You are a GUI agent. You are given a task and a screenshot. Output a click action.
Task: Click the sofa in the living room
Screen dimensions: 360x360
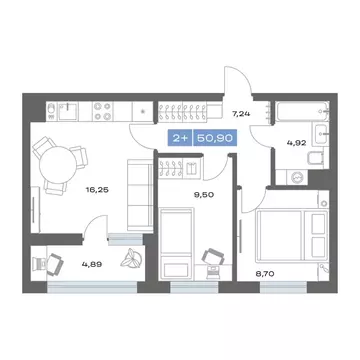click(x=146, y=194)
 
